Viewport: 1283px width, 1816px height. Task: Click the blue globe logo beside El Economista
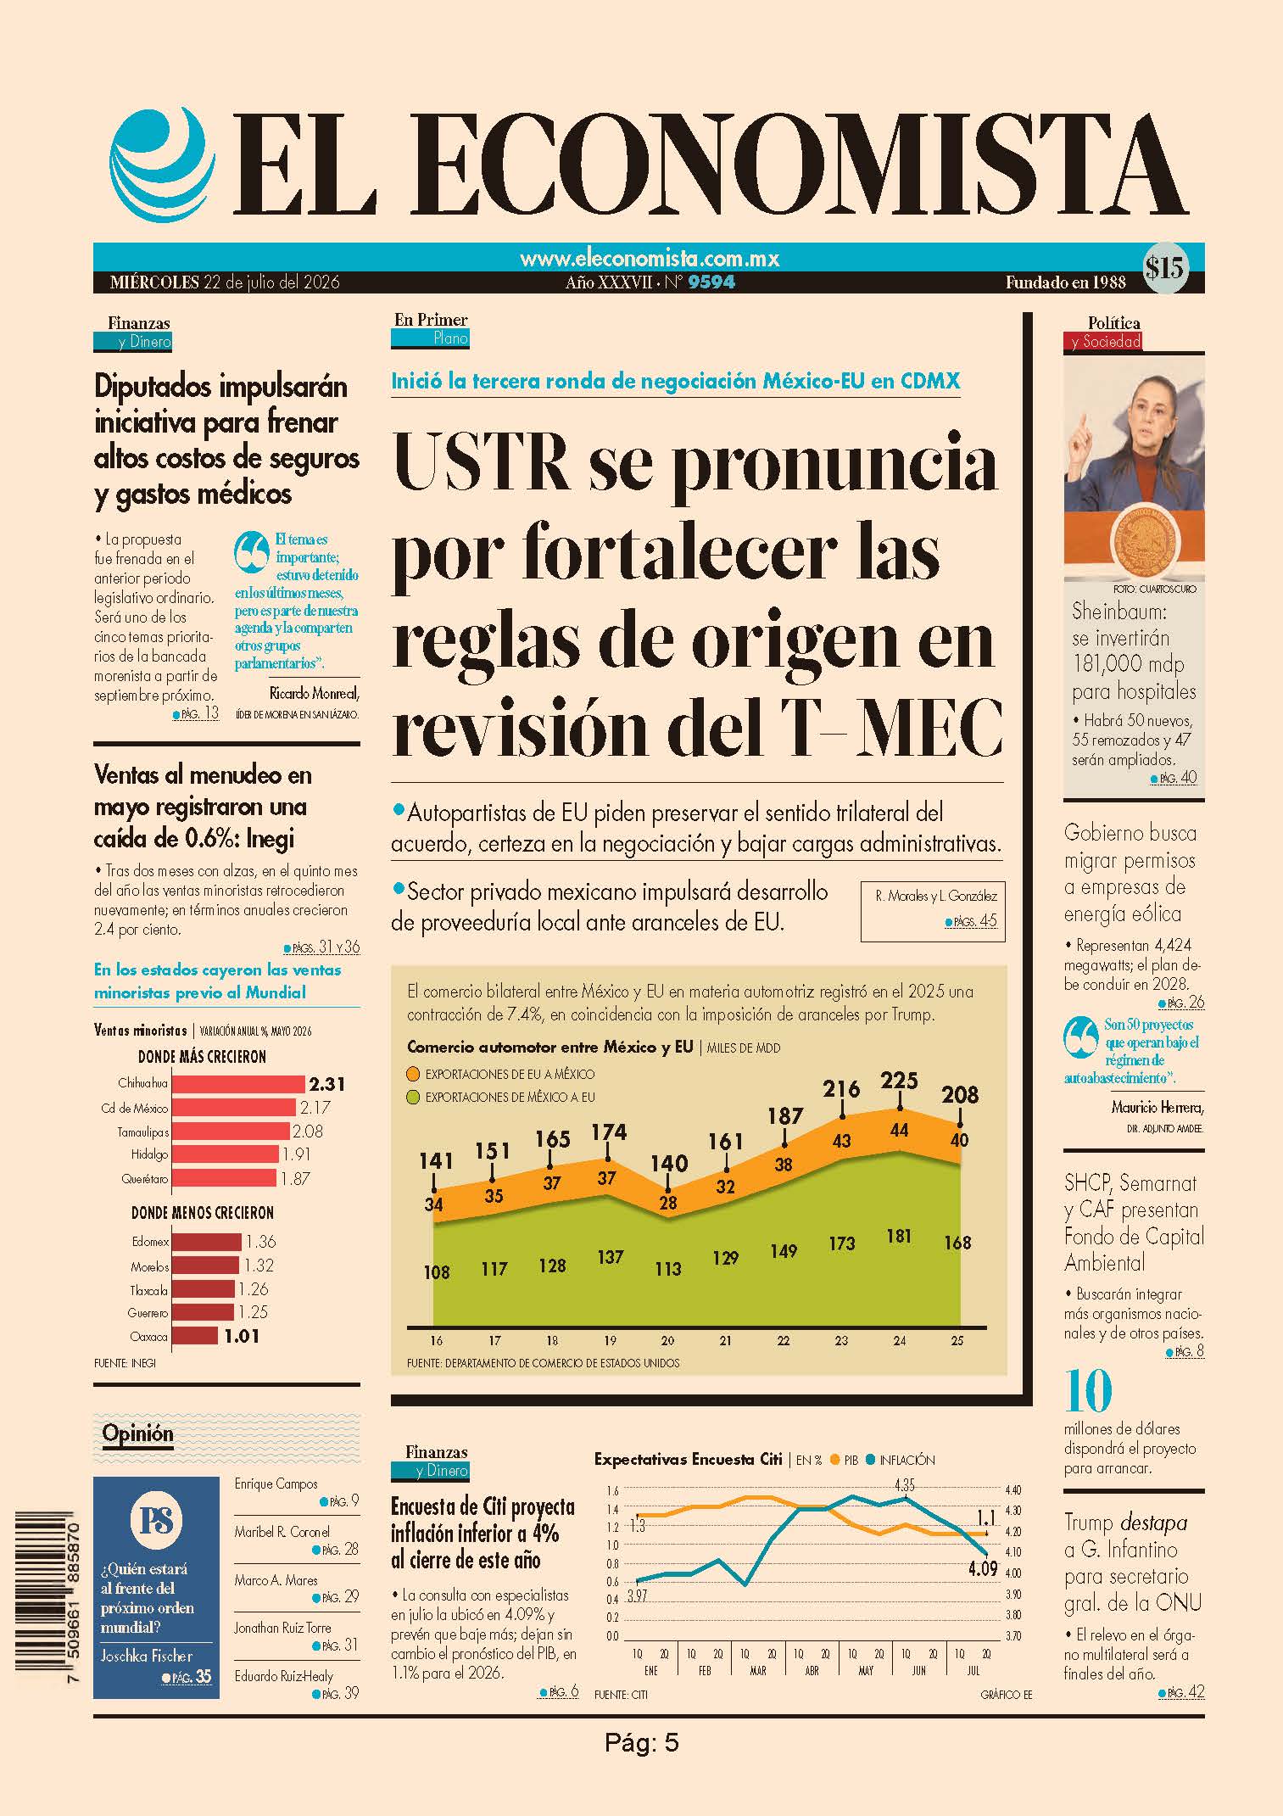(159, 162)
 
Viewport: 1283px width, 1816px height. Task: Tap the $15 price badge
(1163, 268)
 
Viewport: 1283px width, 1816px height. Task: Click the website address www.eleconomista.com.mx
(650, 258)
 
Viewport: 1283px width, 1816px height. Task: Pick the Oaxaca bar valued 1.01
(193, 1336)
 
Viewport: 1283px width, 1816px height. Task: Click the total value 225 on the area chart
(899, 1081)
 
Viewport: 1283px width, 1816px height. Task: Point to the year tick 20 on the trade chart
(667, 1341)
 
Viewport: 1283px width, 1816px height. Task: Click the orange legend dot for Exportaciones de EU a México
(414, 1074)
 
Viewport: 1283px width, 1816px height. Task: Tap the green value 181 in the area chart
(899, 1236)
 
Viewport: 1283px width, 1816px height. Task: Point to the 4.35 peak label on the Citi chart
(904, 1485)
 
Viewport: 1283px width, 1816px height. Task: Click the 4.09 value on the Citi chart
(983, 1568)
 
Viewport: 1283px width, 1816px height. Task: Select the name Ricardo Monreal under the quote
(314, 693)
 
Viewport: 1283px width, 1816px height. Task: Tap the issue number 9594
(711, 282)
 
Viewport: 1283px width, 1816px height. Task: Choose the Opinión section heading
(137, 1433)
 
